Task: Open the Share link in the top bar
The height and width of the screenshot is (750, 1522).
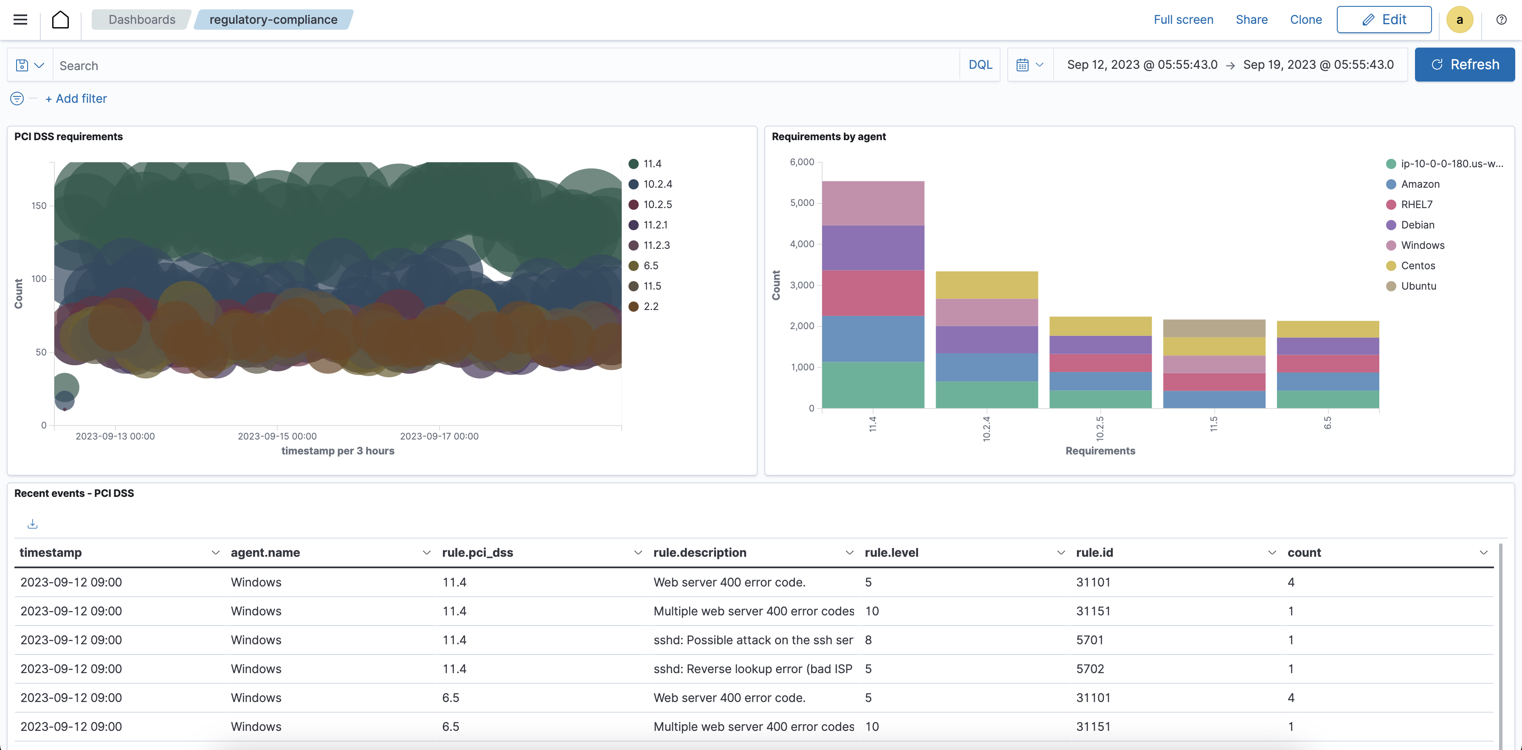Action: (1251, 20)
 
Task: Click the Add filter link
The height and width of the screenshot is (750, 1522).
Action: (76, 99)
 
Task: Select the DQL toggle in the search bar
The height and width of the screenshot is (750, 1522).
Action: (980, 65)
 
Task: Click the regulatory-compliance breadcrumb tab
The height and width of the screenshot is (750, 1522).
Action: (273, 20)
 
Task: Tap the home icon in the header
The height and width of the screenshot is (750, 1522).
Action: (60, 20)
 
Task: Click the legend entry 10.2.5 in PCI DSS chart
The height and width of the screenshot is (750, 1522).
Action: (657, 205)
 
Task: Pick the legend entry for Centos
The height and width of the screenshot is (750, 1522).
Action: (1418, 266)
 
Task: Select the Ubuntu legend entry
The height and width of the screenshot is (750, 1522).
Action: (1418, 286)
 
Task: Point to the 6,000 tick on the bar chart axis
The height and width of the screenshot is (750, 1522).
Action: (802, 162)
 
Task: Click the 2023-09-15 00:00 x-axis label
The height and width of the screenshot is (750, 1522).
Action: (277, 436)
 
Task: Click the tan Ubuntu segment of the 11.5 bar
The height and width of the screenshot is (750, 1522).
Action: (1214, 328)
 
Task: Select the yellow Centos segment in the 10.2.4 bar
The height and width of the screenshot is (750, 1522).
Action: (986, 285)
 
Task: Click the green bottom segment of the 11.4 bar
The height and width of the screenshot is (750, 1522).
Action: (873, 385)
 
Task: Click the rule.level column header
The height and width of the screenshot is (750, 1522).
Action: (891, 553)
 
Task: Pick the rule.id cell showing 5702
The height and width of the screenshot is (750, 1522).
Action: (1090, 669)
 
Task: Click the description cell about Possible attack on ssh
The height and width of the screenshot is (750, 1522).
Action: (753, 640)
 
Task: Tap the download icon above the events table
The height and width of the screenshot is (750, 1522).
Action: (33, 524)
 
